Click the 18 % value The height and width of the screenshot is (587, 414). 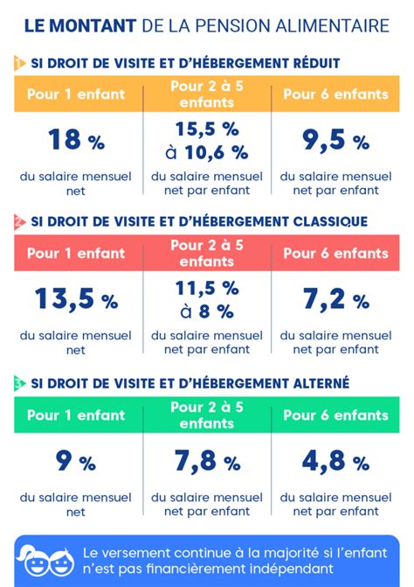pyautogui.click(x=75, y=139)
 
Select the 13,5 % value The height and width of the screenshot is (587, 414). pyautogui.click(x=75, y=299)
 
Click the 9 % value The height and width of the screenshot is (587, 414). pyautogui.click(x=75, y=461)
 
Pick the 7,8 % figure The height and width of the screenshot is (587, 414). pyautogui.click(x=206, y=461)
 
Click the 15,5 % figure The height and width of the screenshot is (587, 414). pyautogui.click(x=206, y=129)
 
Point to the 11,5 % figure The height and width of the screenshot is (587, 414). pyautogui.click(x=206, y=288)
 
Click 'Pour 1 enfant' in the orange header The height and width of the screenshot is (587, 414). pyautogui.click(x=75, y=94)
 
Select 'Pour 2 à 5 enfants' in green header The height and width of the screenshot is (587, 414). pyautogui.click(x=206, y=415)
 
